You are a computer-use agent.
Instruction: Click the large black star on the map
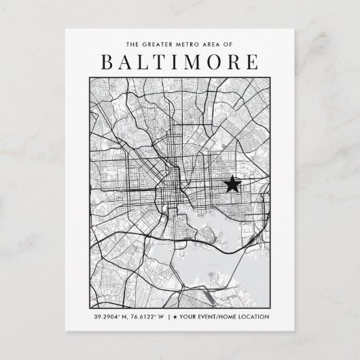pos(232,183)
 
